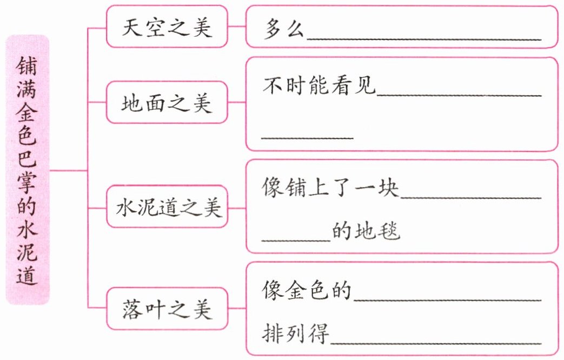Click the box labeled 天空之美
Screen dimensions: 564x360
[x=167, y=27]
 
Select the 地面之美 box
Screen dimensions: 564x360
[x=167, y=102]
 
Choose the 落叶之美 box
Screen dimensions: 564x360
[x=167, y=310]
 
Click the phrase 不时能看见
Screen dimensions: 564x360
[x=319, y=86]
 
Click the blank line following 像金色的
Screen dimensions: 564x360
[x=447, y=299]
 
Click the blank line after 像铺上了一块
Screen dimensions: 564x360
[x=470, y=196]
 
